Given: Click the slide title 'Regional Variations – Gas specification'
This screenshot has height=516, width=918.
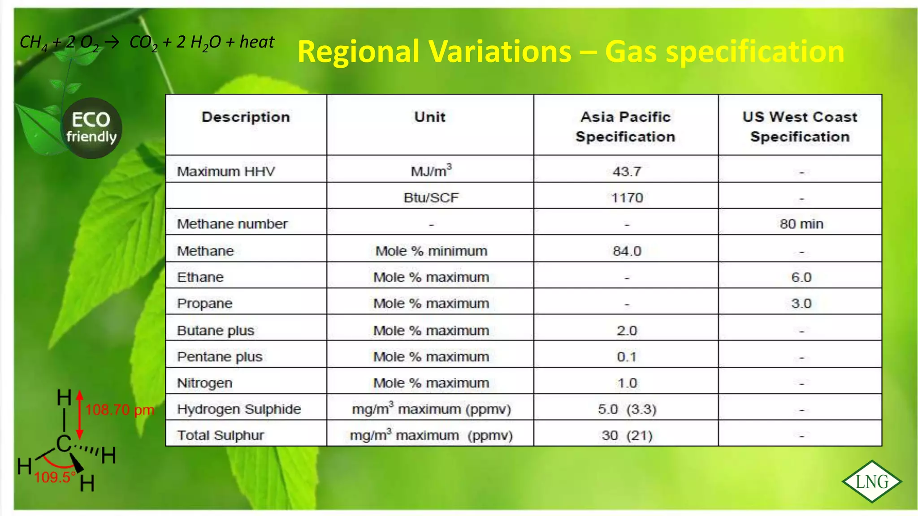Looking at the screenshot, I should click(x=571, y=52).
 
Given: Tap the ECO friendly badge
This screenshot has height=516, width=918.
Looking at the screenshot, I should click(x=91, y=128).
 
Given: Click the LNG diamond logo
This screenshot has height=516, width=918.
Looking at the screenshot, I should click(x=872, y=482).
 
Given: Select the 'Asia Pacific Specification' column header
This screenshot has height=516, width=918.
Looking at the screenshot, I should click(x=626, y=126).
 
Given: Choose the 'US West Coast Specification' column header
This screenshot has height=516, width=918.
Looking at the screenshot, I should click(x=800, y=126).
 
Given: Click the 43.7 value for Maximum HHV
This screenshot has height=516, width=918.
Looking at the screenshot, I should click(x=627, y=172).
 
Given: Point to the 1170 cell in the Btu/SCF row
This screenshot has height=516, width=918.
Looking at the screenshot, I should click(x=627, y=198).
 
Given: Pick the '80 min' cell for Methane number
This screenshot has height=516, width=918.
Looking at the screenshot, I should click(x=801, y=224).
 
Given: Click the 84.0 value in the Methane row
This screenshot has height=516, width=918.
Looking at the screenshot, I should click(x=627, y=251).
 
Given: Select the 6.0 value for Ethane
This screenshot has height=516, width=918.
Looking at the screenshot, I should click(x=801, y=277).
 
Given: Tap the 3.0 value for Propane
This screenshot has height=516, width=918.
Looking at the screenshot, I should click(x=801, y=304).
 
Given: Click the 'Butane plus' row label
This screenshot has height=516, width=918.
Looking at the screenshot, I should click(x=216, y=331).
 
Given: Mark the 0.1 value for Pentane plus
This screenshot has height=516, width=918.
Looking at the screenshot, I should click(x=627, y=357).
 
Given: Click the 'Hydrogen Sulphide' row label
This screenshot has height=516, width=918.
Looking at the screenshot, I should click(x=239, y=409).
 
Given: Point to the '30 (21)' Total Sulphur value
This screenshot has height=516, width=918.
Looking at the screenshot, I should click(x=627, y=435).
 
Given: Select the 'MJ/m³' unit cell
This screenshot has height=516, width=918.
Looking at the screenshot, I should click(x=431, y=171).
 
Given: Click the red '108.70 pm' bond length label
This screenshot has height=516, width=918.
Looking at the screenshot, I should click(x=120, y=410).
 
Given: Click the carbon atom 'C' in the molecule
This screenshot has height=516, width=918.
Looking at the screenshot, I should click(x=64, y=444).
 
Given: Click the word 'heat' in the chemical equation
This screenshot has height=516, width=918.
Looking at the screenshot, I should click(x=257, y=42).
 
